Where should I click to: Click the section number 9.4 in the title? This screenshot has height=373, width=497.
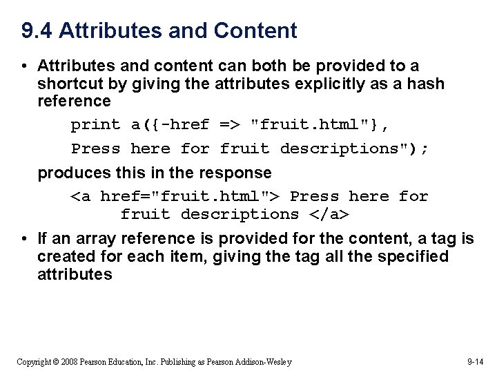(37, 31)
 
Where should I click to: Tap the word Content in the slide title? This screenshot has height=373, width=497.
(255, 31)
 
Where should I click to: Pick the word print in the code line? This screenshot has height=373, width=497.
(95, 125)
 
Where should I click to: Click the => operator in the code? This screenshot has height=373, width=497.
(230, 125)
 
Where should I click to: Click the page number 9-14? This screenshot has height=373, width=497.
(476, 362)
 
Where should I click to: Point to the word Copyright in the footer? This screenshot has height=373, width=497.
(34, 362)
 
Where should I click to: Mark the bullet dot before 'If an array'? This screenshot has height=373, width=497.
(23, 239)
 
